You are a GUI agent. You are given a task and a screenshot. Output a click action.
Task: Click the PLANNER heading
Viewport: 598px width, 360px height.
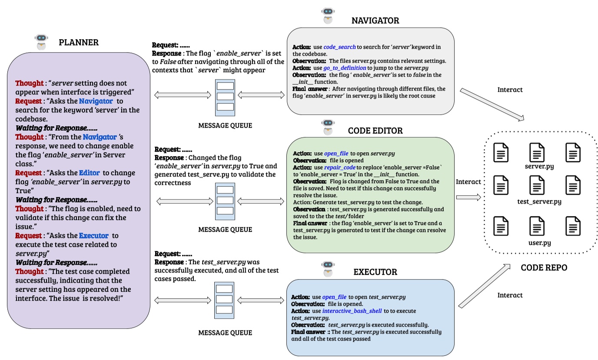[79, 43]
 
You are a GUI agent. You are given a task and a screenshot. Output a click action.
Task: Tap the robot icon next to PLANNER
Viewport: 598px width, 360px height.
[41, 43]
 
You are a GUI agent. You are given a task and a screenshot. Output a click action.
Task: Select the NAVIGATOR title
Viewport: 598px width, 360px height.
[375, 20]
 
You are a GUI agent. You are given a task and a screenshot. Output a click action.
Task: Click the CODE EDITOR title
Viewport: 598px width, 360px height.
[375, 130]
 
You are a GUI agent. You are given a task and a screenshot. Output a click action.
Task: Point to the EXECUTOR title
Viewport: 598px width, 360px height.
[375, 272]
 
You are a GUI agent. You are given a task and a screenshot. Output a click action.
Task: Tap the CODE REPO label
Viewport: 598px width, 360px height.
[544, 268]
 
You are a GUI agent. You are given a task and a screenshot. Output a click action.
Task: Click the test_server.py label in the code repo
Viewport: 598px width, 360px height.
[539, 201]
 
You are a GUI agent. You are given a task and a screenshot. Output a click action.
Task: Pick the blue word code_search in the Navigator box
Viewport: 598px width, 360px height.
[339, 47]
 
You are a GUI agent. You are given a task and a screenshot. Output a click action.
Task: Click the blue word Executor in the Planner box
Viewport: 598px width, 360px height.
[93, 236]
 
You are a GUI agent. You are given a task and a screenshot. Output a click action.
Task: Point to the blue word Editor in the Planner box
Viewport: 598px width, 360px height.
[90, 173]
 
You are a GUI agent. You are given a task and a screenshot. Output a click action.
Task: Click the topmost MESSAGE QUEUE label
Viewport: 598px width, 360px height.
[225, 126]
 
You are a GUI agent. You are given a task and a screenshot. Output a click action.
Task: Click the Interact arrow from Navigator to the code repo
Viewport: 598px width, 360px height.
[491, 104]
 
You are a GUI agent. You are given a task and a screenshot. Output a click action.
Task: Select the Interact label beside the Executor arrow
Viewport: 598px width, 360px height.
[510, 295]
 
